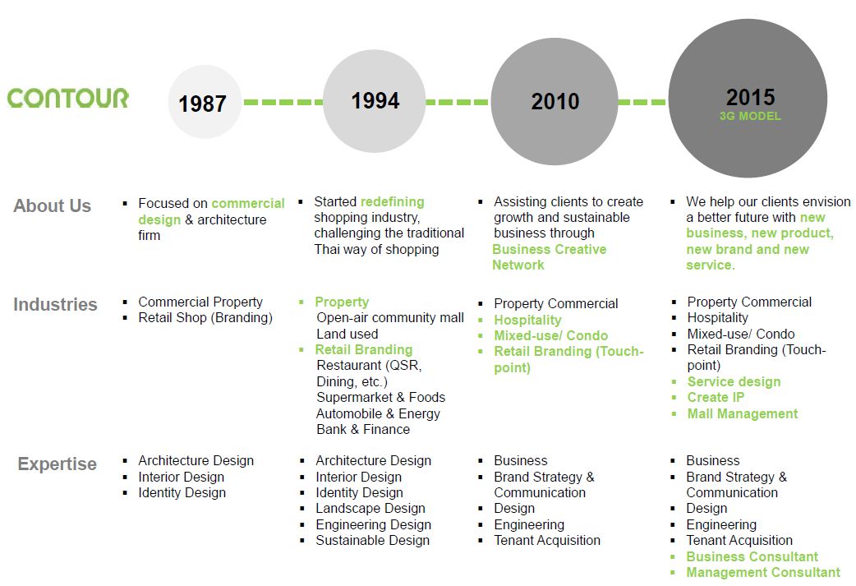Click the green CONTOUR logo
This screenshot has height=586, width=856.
point(67,98)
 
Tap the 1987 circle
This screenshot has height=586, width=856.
point(205,102)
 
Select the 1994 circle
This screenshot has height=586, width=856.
point(375,101)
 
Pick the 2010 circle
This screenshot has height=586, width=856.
point(555,101)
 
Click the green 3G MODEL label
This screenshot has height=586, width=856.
point(750,116)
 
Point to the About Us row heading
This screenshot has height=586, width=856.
point(53,206)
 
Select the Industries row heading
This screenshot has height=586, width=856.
point(55,304)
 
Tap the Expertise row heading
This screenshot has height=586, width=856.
point(58,464)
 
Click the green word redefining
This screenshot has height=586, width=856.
point(393,201)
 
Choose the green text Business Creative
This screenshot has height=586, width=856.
point(550,249)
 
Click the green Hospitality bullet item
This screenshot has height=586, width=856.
point(527,320)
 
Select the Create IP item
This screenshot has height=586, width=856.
point(716,397)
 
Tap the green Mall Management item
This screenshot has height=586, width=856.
point(743,413)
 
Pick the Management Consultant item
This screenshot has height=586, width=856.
point(763,572)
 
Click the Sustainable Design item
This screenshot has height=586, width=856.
point(372,540)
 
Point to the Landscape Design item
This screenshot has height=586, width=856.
point(370,509)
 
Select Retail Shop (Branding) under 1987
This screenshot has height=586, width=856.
point(205,318)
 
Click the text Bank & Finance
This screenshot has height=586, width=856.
point(363,429)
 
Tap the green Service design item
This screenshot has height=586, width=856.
point(734,381)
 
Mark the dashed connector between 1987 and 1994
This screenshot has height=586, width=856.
point(283,102)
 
